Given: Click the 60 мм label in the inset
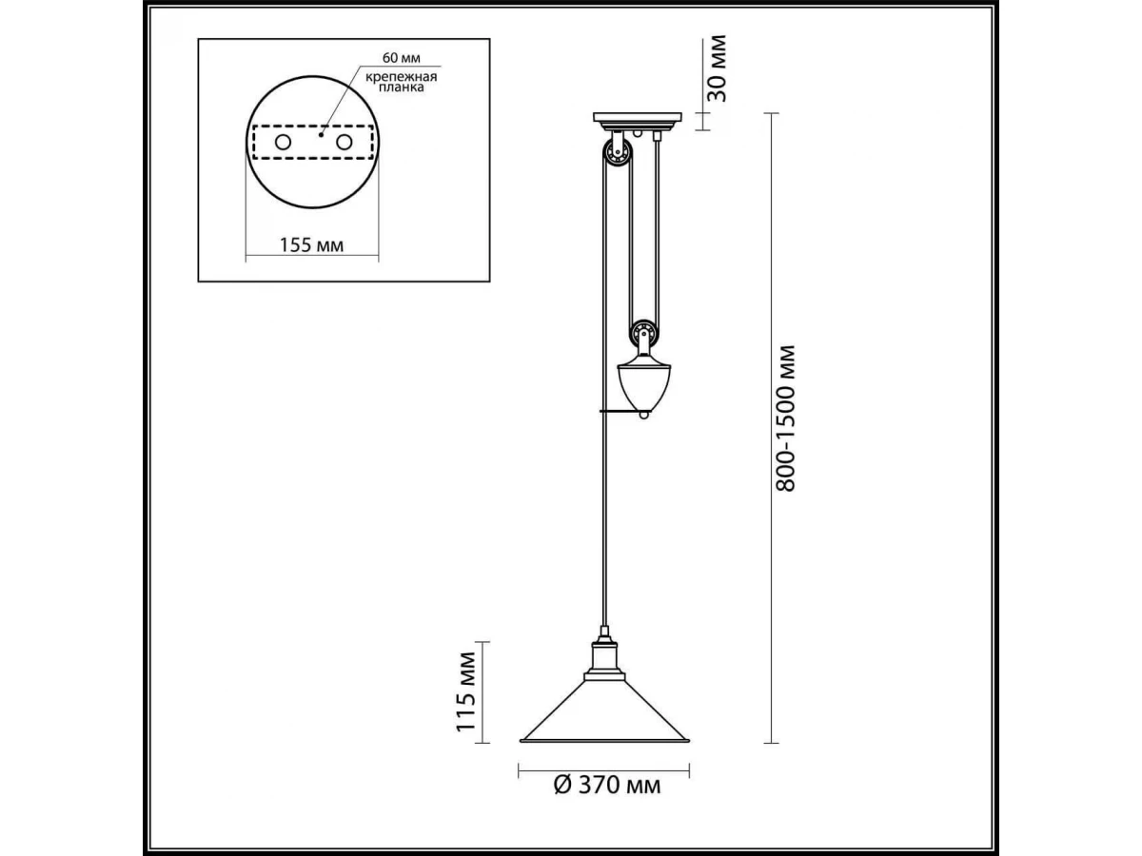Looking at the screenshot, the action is coord(402,58).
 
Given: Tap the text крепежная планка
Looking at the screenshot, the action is coord(402,82).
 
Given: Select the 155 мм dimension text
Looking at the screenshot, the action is coord(311,244).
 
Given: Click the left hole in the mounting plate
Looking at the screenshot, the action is coord(283,142).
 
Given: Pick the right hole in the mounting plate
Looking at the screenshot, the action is coord(344,142).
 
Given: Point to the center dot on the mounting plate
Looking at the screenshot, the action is coord(321,135).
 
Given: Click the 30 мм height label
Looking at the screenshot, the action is coord(718,68).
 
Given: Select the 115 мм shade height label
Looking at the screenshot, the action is coord(466,692).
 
